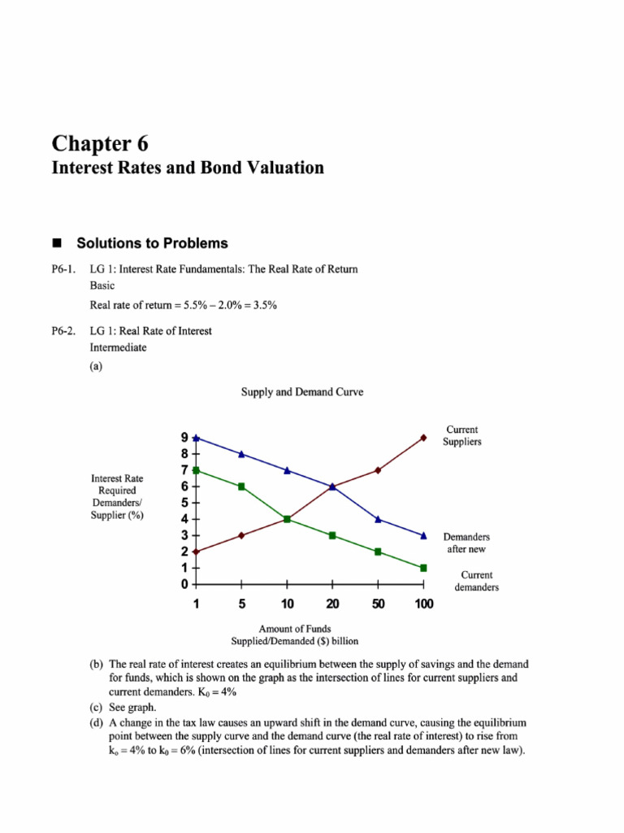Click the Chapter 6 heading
pyautogui.click(x=100, y=144)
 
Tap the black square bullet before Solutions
pyautogui.click(x=57, y=243)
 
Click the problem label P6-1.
pyautogui.click(x=64, y=269)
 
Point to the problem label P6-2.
pyautogui.click(x=64, y=331)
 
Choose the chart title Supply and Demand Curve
pyautogui.click(x=302, y=392)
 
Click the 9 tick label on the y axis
pyautogui.click(x=184, y=438)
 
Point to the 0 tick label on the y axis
pyautogui.click(x=184, y=584)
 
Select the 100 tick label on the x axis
pyautogui.click(x=423, y=604)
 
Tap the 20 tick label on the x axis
pyautogui.click(x=332, y=604)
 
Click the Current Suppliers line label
pyautogui.click(x=461, y=435)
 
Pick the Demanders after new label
pyautogui.click(x=466, y=543)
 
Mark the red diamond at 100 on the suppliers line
pyautogui.click(x=423, y=438)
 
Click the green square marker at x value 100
pyautogui.click(x=423, y=568)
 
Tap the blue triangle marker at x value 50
pyautogui.click(x=378, y=519)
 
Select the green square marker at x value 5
pyautogui.click(x=241, y=486)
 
